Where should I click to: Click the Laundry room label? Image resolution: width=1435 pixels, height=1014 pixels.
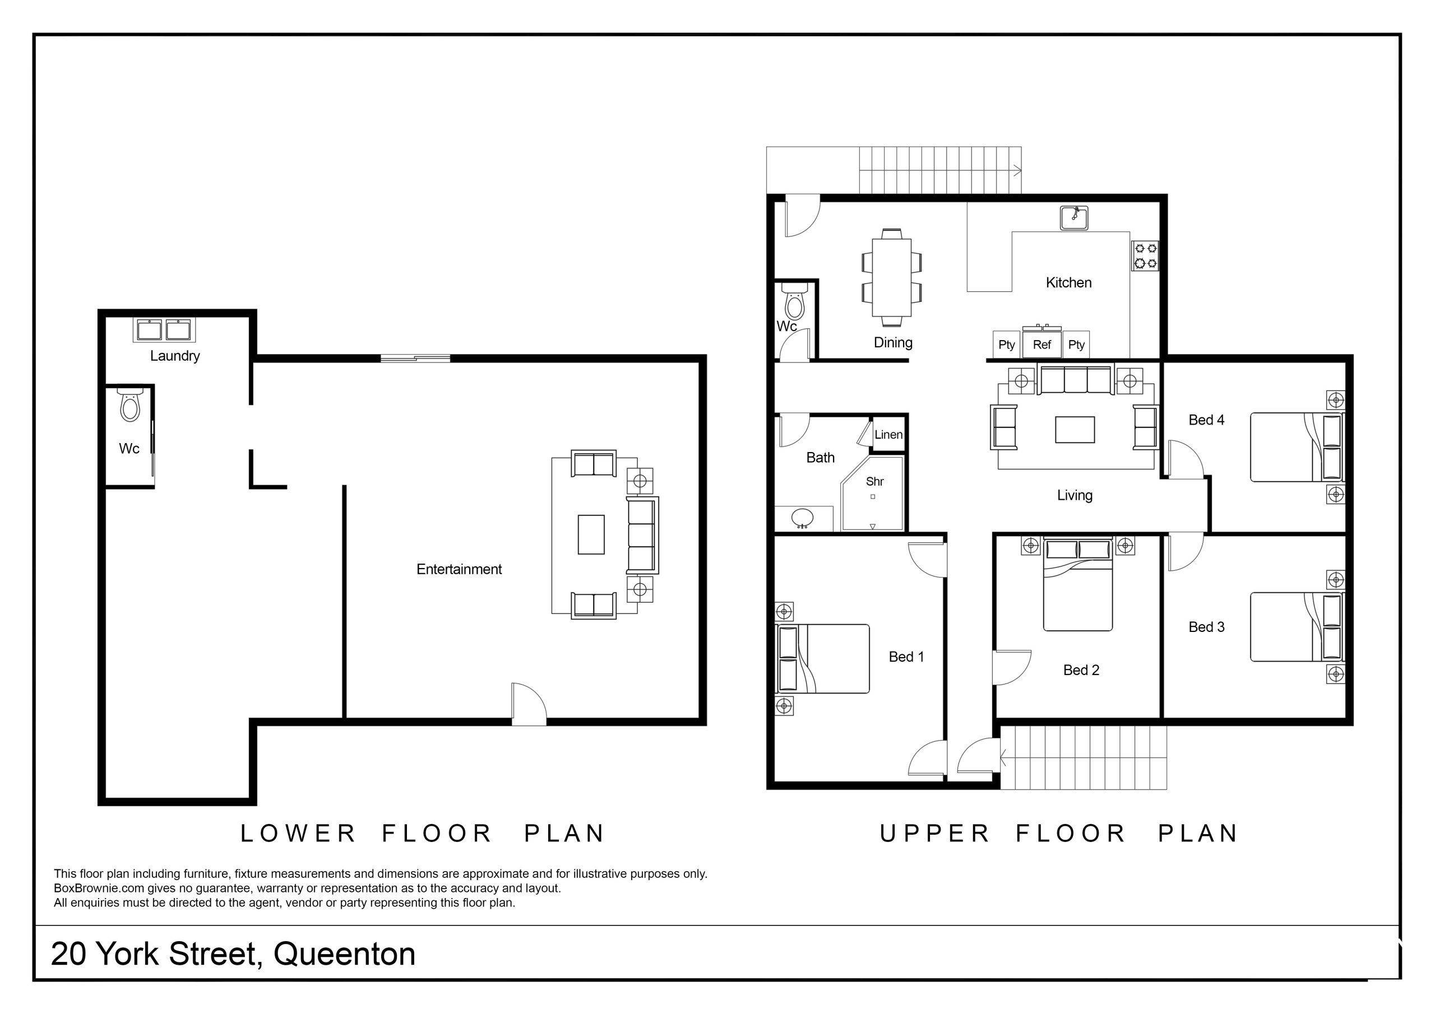point(175,356)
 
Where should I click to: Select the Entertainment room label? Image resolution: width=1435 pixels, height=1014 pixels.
point(460,569)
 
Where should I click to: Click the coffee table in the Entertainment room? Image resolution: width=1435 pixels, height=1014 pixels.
point(591,535)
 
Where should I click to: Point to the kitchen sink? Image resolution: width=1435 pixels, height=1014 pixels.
point(1075,218)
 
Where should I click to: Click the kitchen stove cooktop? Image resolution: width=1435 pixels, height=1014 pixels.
point(1145,255)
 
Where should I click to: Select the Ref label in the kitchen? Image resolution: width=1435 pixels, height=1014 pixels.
point(1042,345)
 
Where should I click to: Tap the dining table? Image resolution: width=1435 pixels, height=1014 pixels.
point(892,278)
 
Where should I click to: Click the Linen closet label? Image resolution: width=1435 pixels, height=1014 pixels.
point(888,435)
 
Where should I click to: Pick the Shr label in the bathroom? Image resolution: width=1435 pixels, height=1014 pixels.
point(875,482)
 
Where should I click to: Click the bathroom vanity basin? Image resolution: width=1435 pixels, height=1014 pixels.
point(802,519)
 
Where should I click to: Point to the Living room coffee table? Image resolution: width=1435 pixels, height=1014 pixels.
point(1075,430)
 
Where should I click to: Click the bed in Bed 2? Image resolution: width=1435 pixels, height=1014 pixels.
point(1078,585)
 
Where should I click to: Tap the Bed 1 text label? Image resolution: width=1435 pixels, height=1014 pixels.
point(906,657)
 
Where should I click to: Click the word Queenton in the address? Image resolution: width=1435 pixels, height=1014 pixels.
point(344,954)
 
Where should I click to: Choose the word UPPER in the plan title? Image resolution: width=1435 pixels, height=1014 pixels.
point(935,834)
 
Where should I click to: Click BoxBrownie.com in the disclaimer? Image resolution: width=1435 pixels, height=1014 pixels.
point(99,889)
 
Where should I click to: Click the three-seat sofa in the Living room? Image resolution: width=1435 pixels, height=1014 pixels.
point(1076,380)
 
